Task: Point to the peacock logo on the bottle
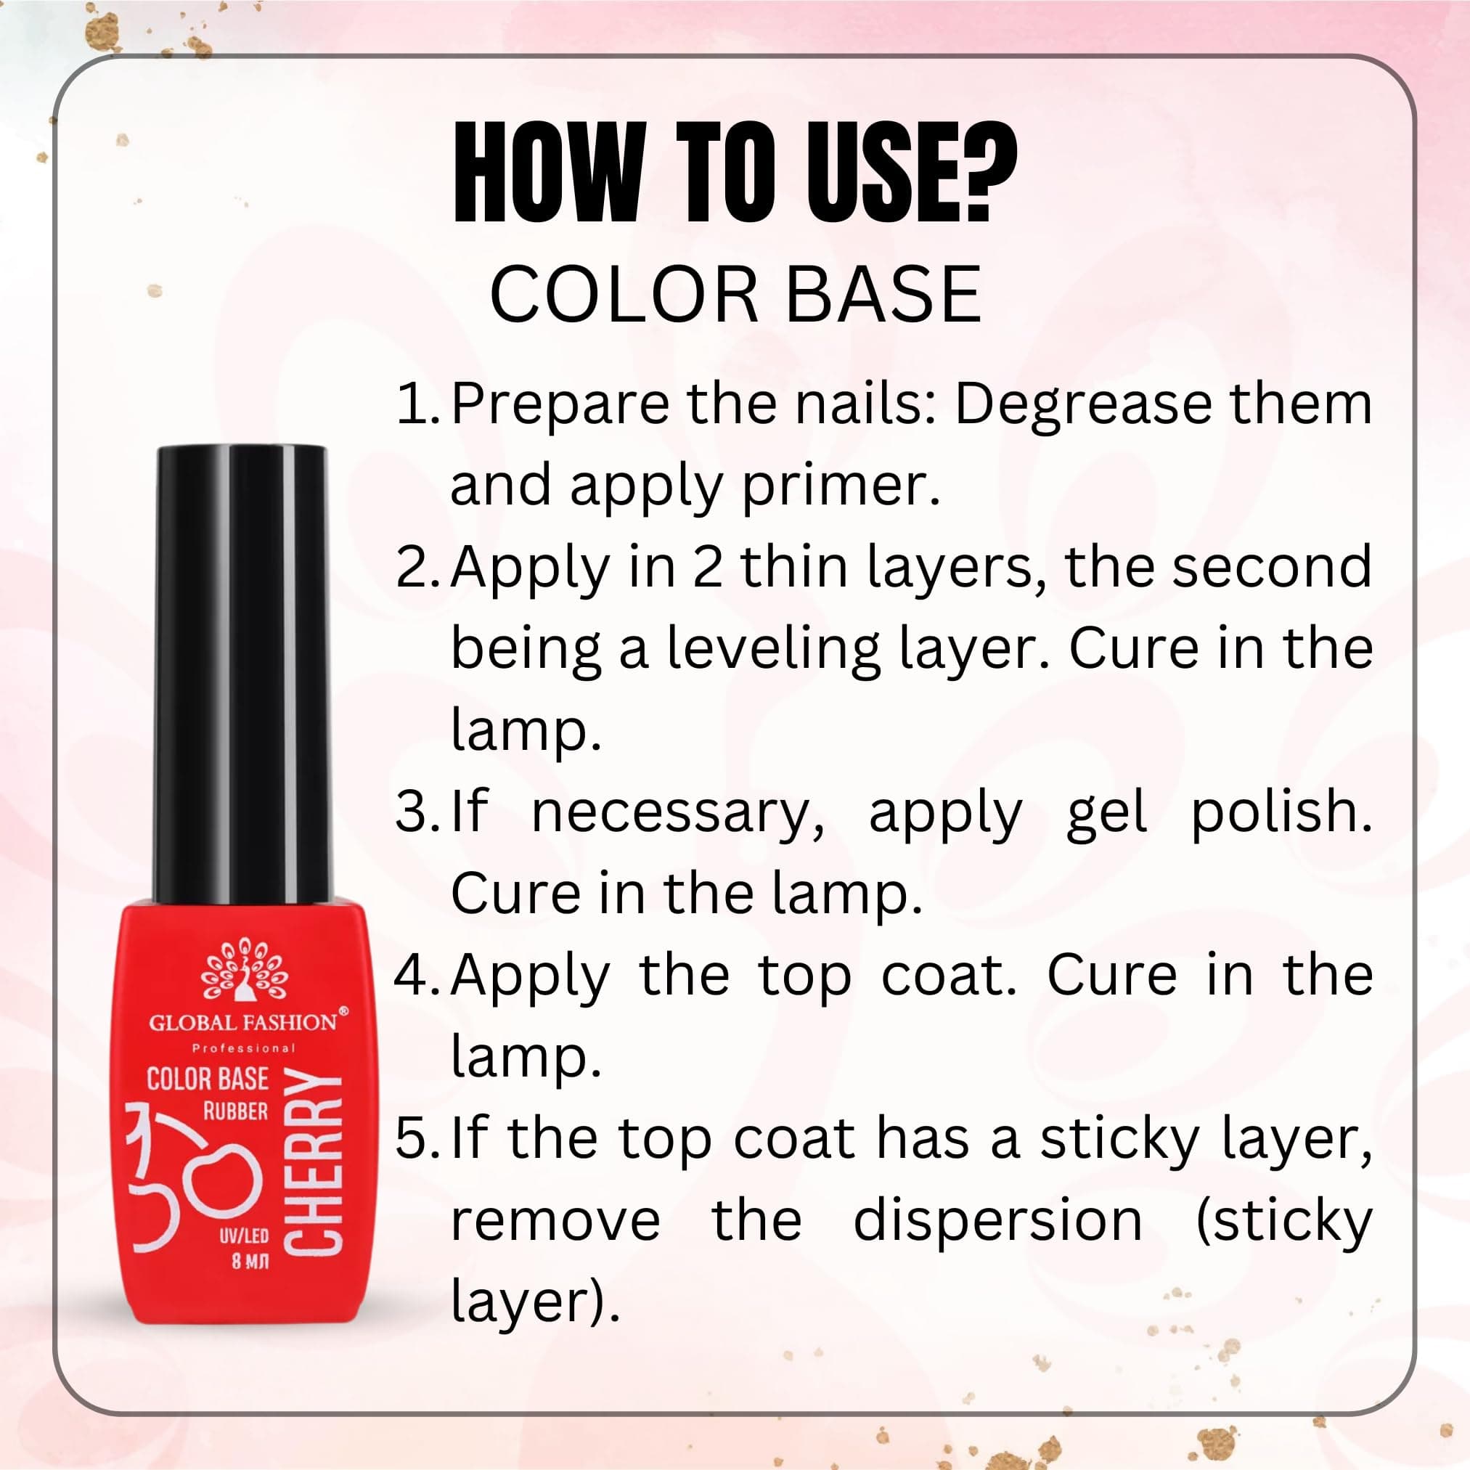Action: [x=244, y=971]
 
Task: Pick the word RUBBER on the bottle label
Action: [x=235, y=1111]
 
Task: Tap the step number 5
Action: [x=415, y=1138]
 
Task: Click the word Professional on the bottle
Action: [x=243, y=1048]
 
